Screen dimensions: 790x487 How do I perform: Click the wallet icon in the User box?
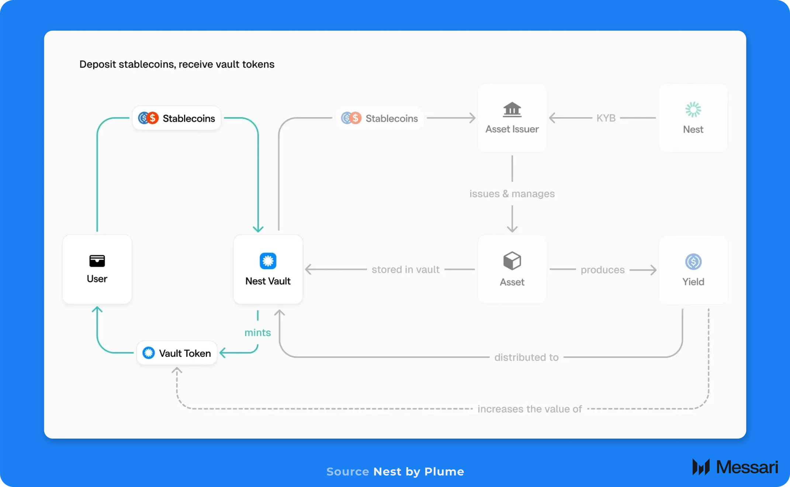(97, 261)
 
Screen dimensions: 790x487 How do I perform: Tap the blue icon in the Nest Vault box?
(268, 261)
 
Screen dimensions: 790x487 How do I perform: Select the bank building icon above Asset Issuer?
(512, 109)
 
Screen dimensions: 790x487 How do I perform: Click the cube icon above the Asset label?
(512, 261)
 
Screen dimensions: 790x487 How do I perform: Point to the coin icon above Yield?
(693, 262)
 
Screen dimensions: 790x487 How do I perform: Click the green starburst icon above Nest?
(693, 109)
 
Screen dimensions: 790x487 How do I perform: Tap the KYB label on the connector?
(606, 118)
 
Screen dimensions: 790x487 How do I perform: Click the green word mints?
(258, 333)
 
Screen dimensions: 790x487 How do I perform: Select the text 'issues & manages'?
(512, 194)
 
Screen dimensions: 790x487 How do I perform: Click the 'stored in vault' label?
(406, 269)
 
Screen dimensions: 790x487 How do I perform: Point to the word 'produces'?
(603, 270)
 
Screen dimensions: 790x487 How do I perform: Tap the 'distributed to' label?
(526, 357)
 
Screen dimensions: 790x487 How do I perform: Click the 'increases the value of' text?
(530, 409)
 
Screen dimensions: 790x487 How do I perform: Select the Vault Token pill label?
(177, 353)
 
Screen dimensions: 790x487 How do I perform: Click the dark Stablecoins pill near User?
(177, 118)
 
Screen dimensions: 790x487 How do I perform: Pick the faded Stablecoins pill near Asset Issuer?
(380, 118)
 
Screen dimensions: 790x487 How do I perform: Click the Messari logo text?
(747, 467)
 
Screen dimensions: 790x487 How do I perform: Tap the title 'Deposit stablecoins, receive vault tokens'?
(177, 64)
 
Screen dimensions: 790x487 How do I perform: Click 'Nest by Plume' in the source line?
(419, 472)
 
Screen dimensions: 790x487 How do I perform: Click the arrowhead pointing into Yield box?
(653, 270)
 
